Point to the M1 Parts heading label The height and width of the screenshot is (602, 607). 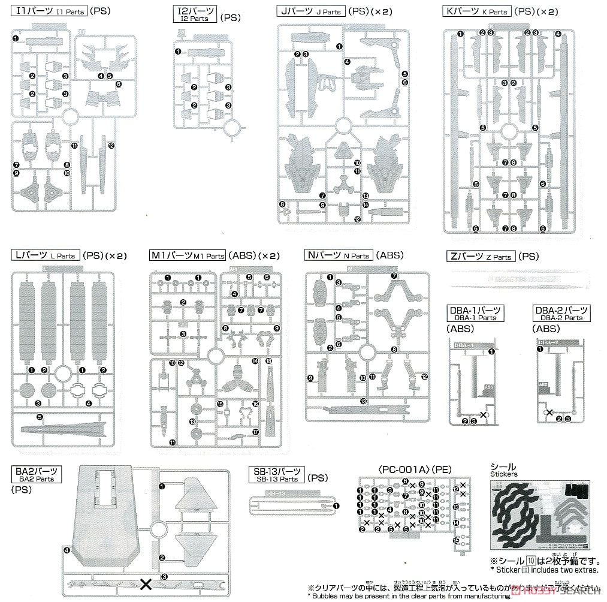[x=188, y=255]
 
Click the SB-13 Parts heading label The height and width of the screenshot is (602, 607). [x=276, y=475]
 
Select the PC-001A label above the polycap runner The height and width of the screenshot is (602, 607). [x=386, y=468]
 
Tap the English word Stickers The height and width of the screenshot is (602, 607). [x=503, y=474]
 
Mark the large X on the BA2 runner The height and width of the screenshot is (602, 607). [x=145, y=583]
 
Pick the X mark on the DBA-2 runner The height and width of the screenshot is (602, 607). [x=548, y=413]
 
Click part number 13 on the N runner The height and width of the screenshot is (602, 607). [x=363, y=401]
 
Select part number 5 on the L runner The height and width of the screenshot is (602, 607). [x=39, y=416]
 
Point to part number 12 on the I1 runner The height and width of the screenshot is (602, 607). [x=111, y=145]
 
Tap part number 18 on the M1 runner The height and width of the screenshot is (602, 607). [x=268, y=361]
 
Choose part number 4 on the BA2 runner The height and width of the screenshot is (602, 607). [x=67, y=550]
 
